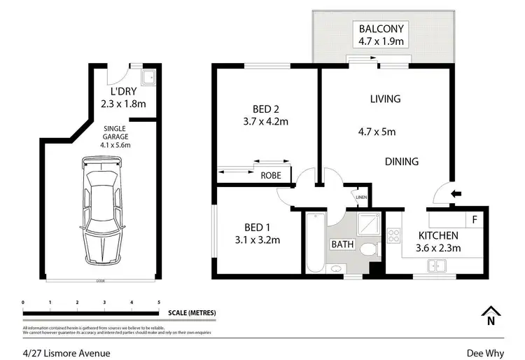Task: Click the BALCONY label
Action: [x=381, y=29]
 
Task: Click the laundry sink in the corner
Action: [x=148, y=77]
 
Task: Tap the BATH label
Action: [x=343, y=245]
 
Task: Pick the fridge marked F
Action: [x=474, y=219]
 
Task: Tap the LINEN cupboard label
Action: [x=361, y=198]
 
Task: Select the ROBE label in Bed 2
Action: [x=272, y=176]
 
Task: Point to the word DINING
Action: [x=402, y=162]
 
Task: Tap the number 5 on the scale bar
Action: [x=159, y=303]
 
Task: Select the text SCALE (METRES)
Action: [x=192, y=312]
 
